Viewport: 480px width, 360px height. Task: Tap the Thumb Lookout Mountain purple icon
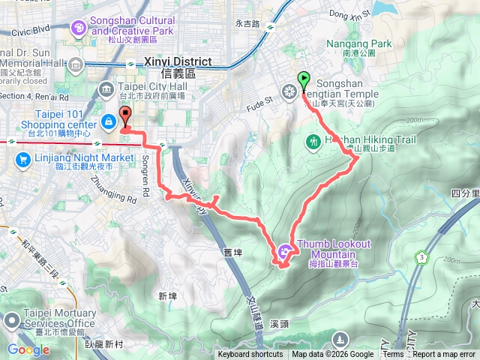point(285,252)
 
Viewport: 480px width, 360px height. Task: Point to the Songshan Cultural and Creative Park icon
point(78,28)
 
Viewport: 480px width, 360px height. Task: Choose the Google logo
point(28,349)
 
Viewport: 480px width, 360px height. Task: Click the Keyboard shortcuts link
point(250,355)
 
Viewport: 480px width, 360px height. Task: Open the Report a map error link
point(444,355)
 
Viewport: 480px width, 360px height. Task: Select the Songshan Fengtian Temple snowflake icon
point(289,92)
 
